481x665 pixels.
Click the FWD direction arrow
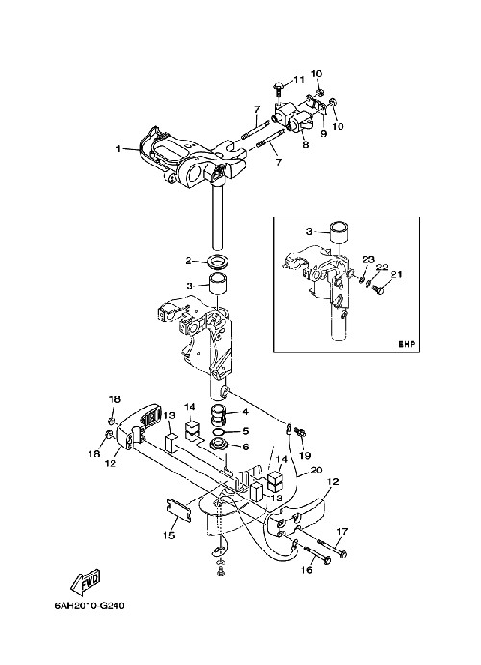pos(86,579)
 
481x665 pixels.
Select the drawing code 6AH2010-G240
pos(89,605)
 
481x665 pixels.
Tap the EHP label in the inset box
pos(406,344)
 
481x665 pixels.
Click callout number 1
pos(118,149)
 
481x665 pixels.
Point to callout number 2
pos(189,261)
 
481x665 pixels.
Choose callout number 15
pos(168,535)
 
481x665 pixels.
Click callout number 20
pos(316,470)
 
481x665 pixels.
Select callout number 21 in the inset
pos(395,275)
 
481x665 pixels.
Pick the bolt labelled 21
pos(375,291)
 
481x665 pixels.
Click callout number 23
pos(368,259)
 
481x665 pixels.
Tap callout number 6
pos(245,447)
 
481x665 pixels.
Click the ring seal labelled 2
pos(218,260)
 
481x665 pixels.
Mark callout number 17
pos(342,531)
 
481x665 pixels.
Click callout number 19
pos(304,456)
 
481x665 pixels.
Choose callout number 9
pos(324,133)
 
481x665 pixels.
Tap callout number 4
pos(245,411)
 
